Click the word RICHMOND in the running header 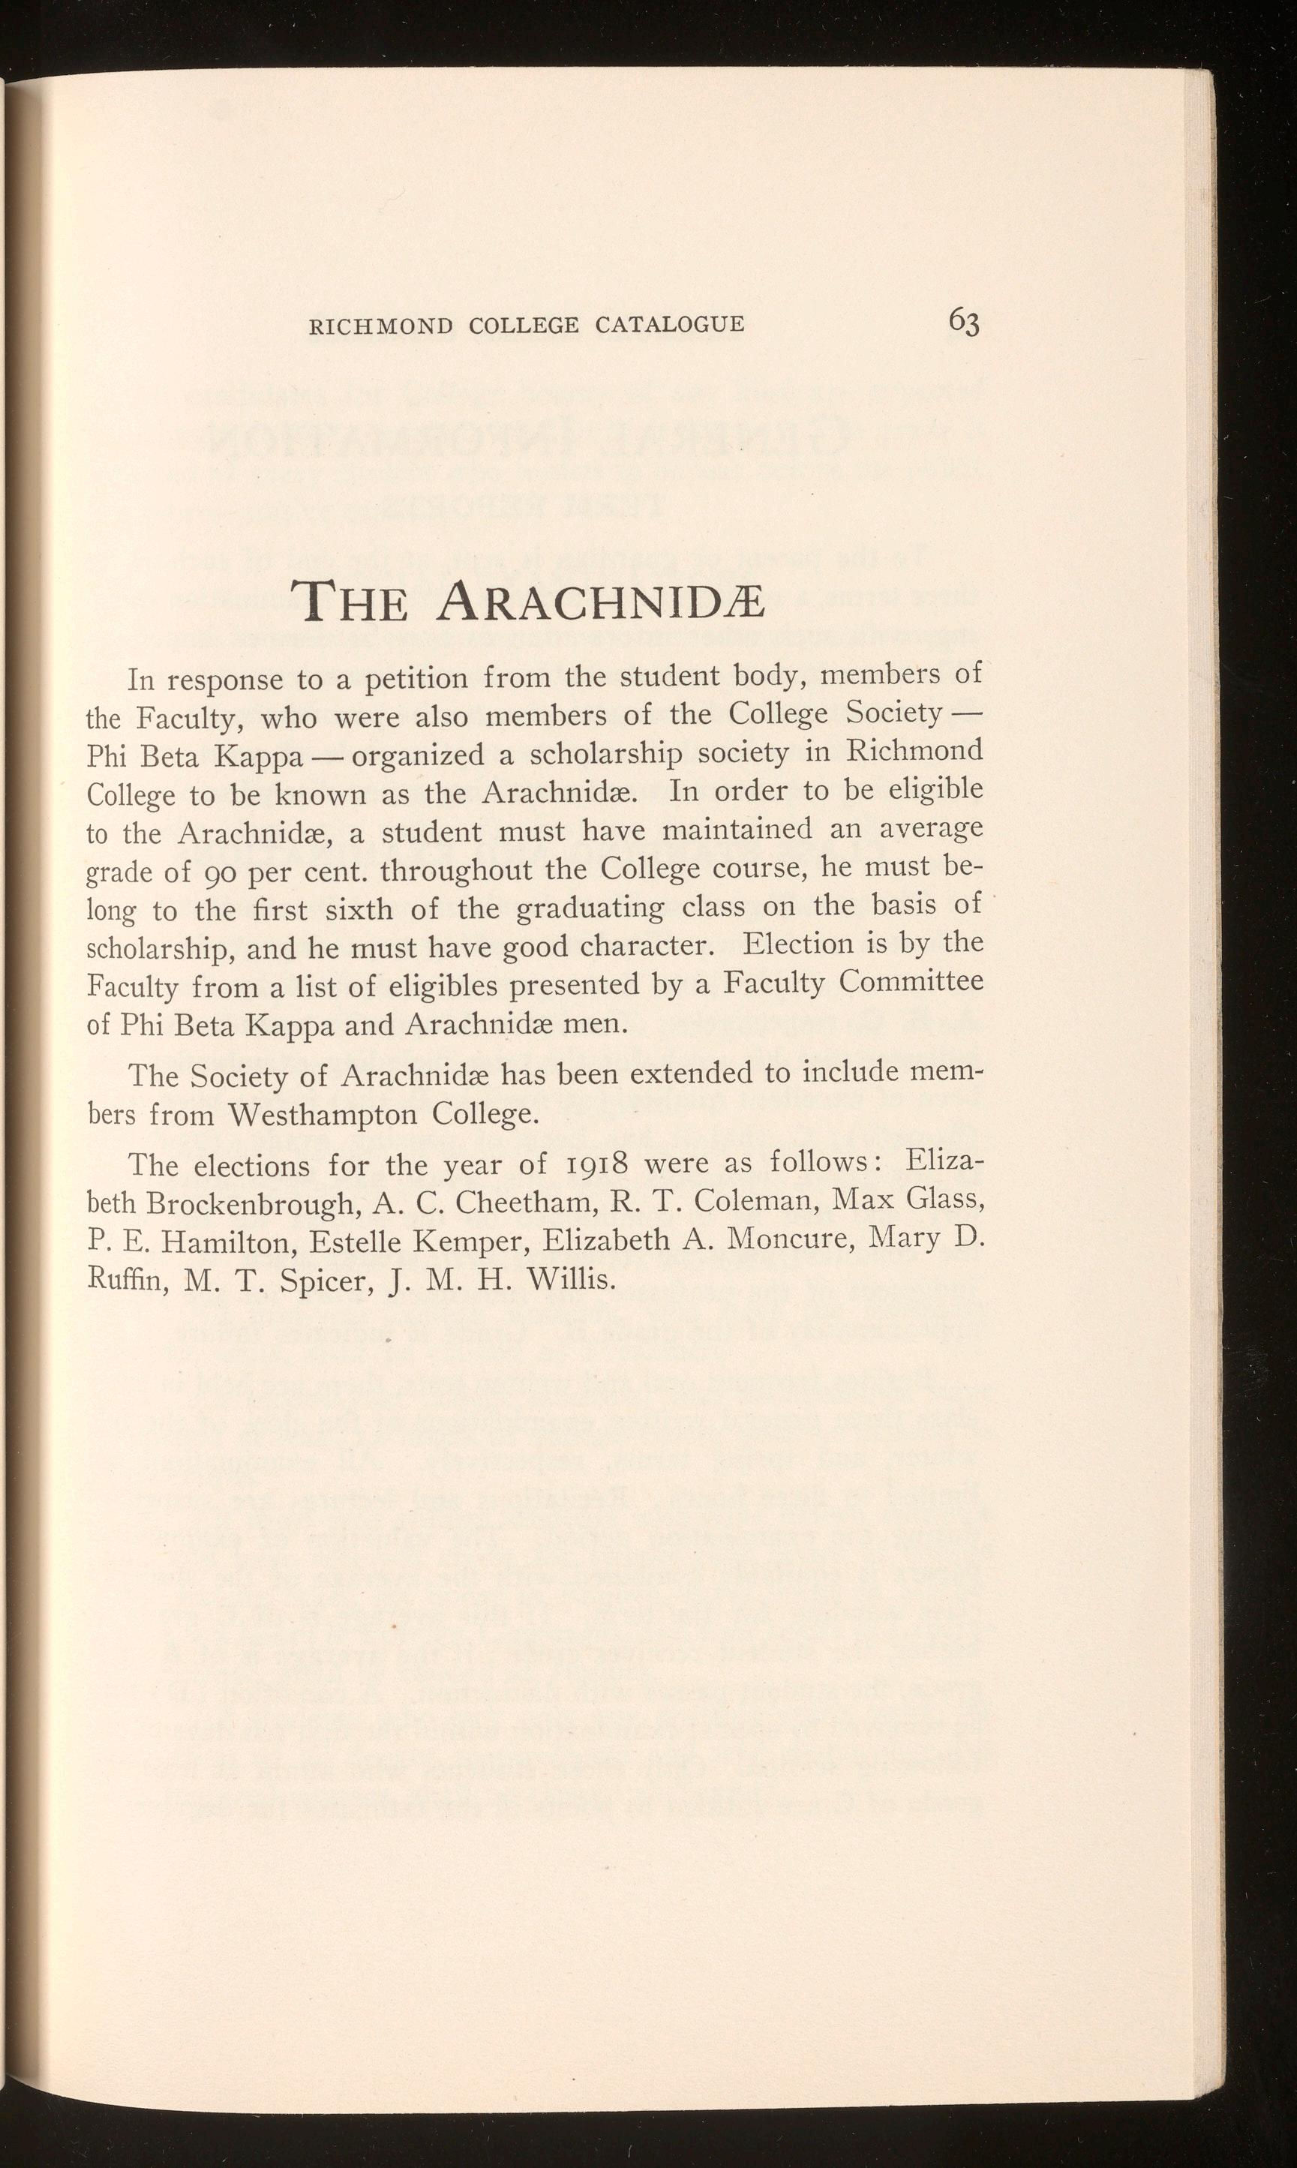point(382,326)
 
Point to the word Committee point(911,982)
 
